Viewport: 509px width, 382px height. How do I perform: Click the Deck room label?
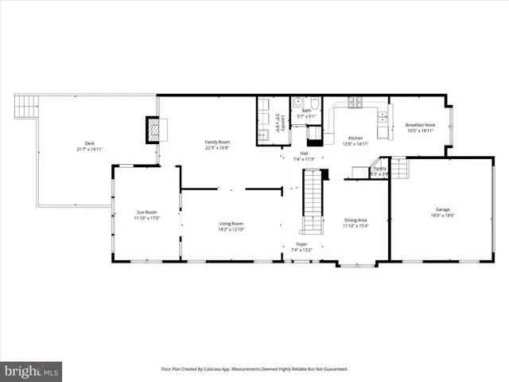89,143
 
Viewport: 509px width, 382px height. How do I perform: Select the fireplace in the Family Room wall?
153,130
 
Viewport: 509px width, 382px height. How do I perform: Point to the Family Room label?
217,142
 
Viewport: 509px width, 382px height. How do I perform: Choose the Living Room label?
231,224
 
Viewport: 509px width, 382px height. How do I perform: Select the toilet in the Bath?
314,103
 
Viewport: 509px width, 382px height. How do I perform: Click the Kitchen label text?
356,138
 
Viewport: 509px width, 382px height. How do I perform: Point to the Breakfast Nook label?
420,125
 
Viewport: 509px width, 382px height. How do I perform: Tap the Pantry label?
380,169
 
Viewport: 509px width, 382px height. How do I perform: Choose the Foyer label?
301,244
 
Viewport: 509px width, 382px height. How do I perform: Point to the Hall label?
304,154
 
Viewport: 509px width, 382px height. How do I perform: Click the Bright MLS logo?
32,371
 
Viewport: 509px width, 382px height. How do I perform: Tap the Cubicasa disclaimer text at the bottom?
254,368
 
